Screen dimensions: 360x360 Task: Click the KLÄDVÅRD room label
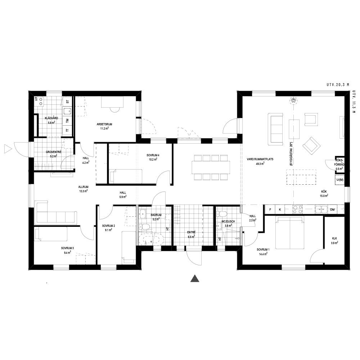pyautogui.click(x=51, y=118)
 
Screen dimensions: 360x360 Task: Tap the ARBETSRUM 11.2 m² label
pyautogui.click(x=104, y=126)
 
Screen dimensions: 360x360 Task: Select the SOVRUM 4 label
pyautogui.click(x=153, y=155)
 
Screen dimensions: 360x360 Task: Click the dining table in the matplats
pyautogui.click(x=211, y=167)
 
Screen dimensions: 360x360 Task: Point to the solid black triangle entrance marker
pyautogui.click(x=195, y=278)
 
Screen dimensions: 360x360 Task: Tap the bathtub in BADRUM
pyautogui.click(x=150, y=239)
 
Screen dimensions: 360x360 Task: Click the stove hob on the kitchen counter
pyautogui.click(x=297, y=210)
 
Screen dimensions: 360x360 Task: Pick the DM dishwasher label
pyautogui.click(x=332, y=210)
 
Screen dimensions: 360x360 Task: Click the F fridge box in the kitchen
pyautogui.click(x=270, y=210)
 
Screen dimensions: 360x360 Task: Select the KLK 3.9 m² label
pyautogui.click(x=334, y=240)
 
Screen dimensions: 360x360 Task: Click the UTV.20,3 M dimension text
pyautogui.click(x=338, y=85)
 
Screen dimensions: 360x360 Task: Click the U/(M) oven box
pyautogui.click(x=340, y=180)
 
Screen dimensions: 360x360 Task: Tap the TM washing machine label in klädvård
pyautogui.click(x=68, y=120)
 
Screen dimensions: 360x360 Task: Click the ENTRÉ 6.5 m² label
pyautogui.click(x=191, y=234)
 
